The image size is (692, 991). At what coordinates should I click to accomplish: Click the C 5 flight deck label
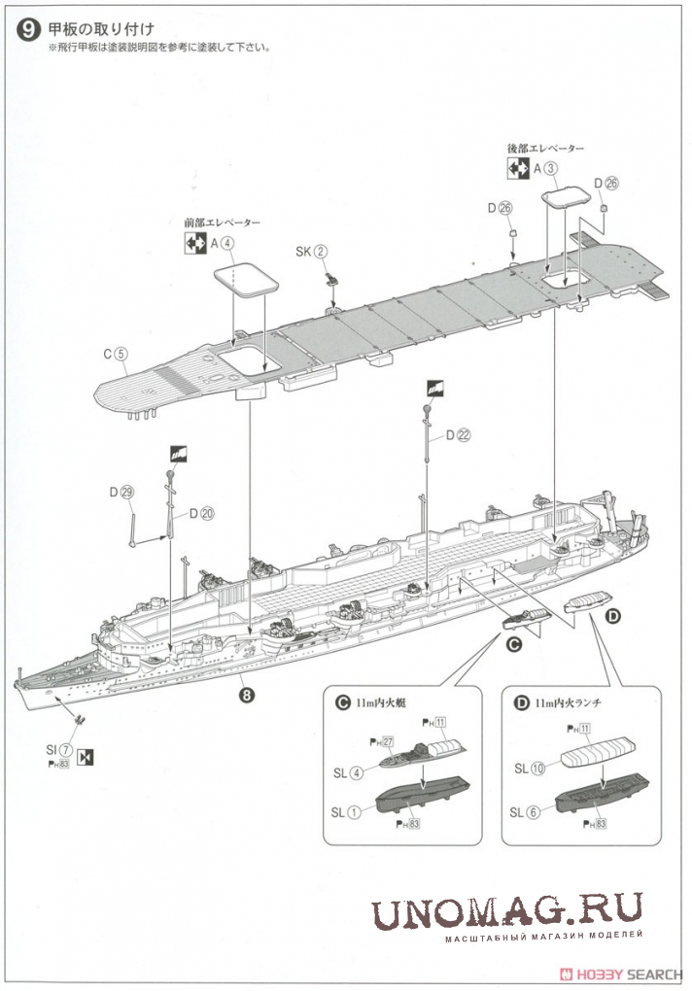click(x=115, y=355)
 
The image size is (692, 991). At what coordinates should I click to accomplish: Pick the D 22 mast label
click(x=459, y=436)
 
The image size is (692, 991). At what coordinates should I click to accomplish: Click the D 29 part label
click(x=122, y=493)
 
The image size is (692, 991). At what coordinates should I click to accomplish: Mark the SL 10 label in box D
click(x=531, y=767)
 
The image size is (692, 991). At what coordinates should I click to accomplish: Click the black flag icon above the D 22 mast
click(x=433, y=391)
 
